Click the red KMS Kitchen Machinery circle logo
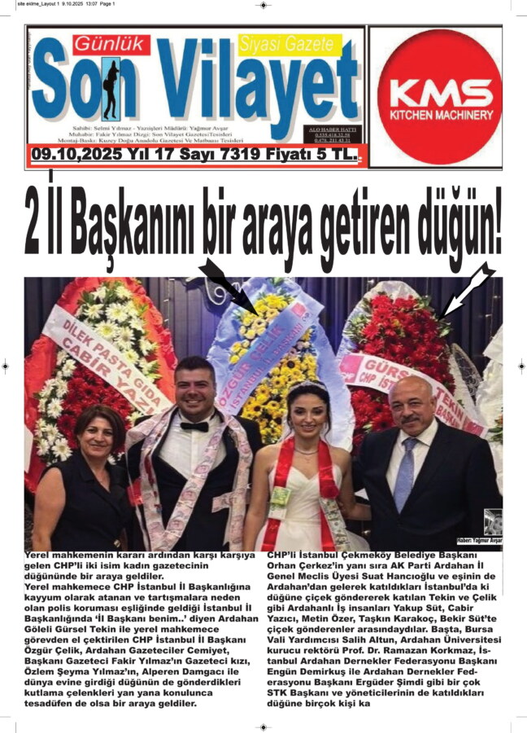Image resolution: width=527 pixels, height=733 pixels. pos(439,96)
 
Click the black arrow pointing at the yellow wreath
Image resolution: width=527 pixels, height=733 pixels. pos(228,285)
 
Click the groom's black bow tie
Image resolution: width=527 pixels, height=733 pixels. pos(194,425)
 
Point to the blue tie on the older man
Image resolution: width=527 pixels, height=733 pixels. pos(405,473)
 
